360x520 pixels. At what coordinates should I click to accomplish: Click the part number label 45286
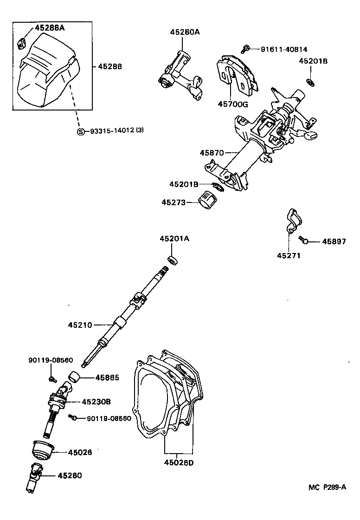point(110,66)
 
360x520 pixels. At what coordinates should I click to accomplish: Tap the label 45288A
point(50,28)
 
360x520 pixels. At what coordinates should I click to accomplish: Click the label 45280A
point(184,32)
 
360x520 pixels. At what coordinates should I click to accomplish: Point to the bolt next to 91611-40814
point(247,47)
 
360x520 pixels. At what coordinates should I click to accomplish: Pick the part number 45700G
point(233,104)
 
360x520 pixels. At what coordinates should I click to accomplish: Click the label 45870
point(212,153)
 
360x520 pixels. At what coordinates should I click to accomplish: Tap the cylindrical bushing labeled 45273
point(208,202)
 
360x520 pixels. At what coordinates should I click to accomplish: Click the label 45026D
point(179,463)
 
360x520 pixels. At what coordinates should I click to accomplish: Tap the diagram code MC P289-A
point(328,487)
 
